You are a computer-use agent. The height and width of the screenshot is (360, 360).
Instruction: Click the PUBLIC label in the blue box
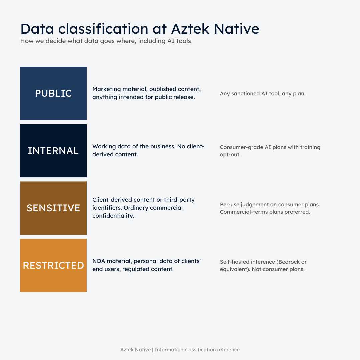tap(53, 93)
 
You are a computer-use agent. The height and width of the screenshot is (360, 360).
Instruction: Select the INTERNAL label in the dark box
tap(53, 151)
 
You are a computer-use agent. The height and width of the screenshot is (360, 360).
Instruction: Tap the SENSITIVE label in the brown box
tap(53, 208)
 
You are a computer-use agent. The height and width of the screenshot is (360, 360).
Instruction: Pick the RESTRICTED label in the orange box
tap(53, 265)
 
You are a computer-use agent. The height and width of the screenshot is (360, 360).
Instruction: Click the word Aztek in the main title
tap(190, 29)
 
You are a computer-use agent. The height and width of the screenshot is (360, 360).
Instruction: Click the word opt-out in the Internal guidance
tap(230, 155)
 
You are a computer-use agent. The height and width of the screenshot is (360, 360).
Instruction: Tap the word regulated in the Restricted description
tap(136, 269)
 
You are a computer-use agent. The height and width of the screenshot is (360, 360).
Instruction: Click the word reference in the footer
tap(228, 350)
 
